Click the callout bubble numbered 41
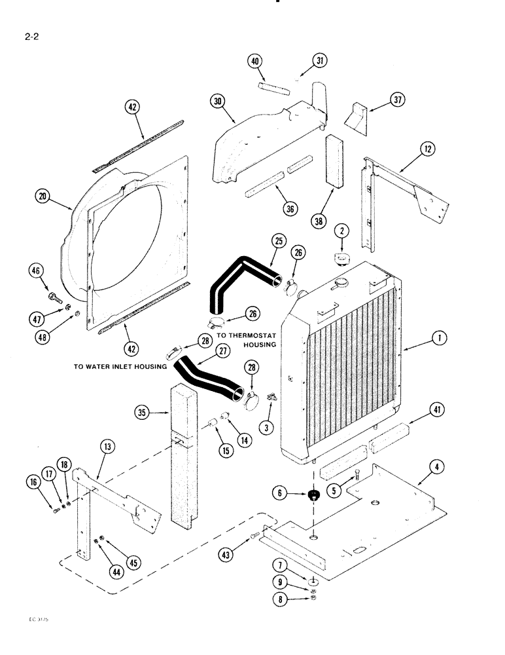click(438, 411)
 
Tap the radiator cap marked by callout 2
click(340, 257)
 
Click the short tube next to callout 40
click(273, 87)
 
